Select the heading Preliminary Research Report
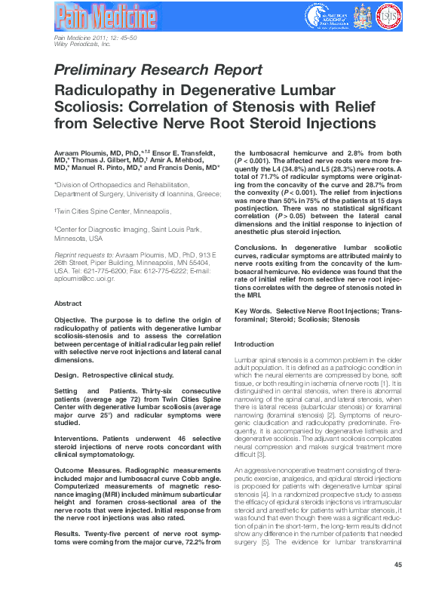click(158, 70)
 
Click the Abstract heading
click(68, 304)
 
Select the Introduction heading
click(255, 344)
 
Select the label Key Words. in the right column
click(253, 311)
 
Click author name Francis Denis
click(191, 168)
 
